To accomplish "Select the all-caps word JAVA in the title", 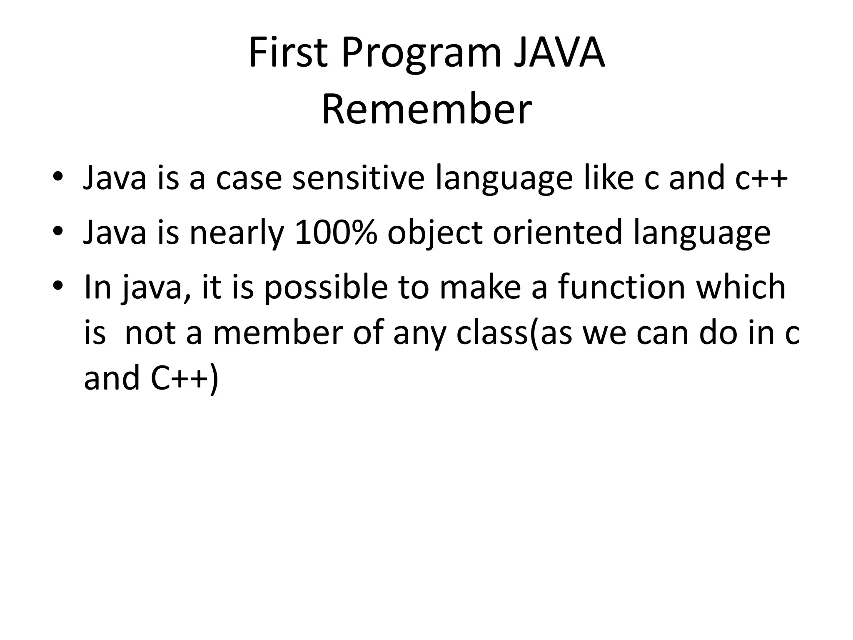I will [x=559, y=53].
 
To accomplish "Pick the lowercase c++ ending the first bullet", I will [x=761, y=178].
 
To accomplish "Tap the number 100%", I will [x=335, y=232].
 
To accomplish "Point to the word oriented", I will [x=558, y=232].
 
